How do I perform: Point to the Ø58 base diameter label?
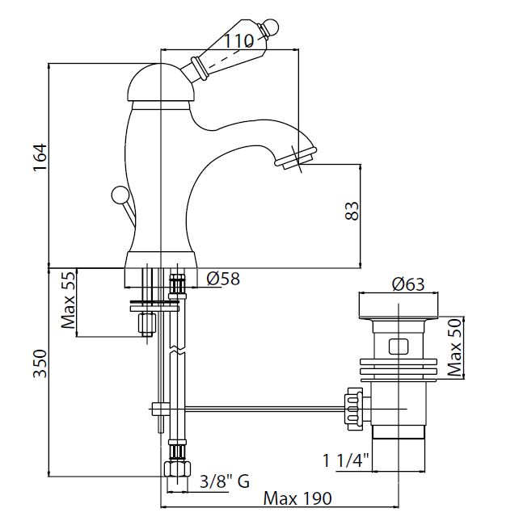(224, 279)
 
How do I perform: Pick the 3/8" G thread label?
(224, 481)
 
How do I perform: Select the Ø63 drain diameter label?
(408, 284)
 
